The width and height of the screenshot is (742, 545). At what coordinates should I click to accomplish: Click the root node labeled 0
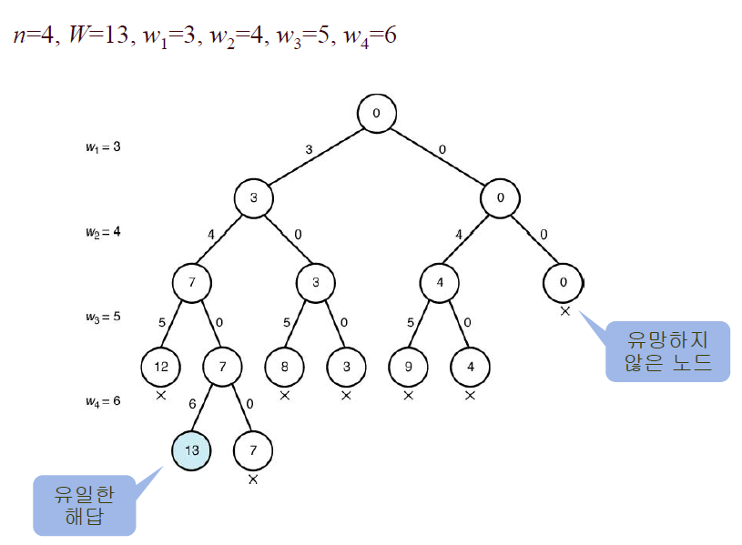[376, 114]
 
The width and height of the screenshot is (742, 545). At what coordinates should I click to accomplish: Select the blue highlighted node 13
[192, 449]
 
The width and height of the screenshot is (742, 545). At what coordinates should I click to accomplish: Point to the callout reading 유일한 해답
[84, 505]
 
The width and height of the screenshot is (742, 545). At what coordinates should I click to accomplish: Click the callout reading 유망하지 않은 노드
[667, 351]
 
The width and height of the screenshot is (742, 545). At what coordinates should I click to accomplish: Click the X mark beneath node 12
[160, 395]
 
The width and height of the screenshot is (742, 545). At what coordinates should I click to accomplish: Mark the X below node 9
[408, 395]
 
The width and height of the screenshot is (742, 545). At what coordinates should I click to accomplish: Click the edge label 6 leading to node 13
[192, 403]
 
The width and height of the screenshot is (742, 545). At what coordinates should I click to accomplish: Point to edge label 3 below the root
[309, 147]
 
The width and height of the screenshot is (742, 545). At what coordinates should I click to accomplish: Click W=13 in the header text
[98, 36]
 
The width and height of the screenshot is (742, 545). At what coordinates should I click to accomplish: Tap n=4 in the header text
[34, 36]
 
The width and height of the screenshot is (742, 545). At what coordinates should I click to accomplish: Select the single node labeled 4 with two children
[439, 282]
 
